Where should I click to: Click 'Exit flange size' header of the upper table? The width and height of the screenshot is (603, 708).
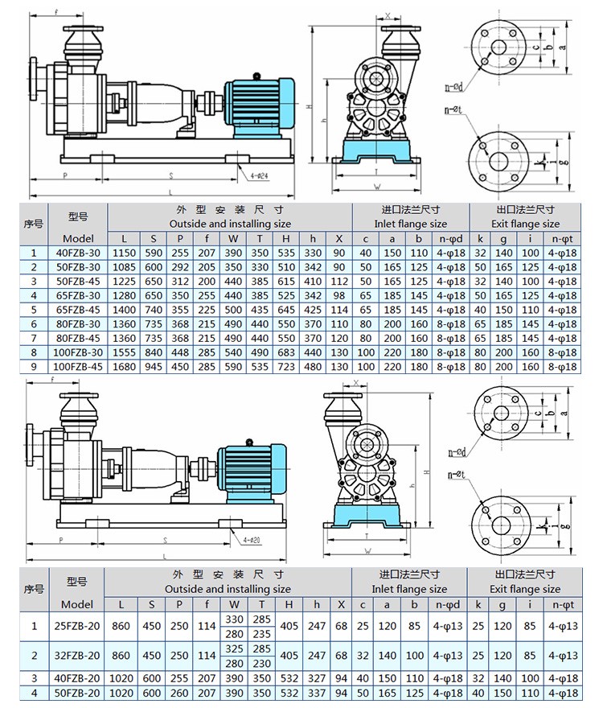[x=527, y=224]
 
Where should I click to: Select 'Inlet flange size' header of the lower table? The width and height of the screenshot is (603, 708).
[x=410, y=589]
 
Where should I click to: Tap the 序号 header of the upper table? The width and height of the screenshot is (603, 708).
[x=33, y=224]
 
